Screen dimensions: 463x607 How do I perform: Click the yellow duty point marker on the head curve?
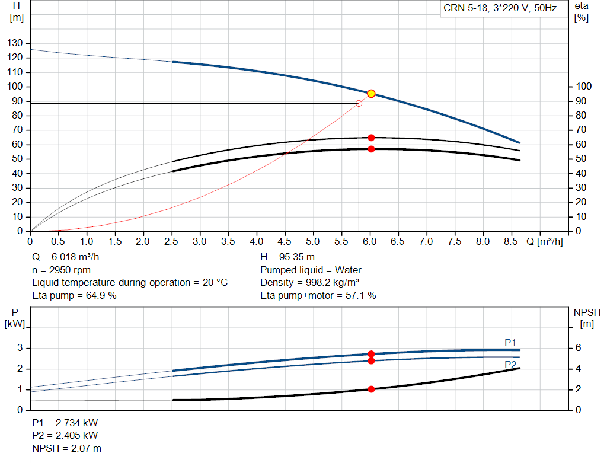(371, 94)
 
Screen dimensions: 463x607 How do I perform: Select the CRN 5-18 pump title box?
(500, 8)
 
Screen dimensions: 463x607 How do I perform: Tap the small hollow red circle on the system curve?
(359, 104)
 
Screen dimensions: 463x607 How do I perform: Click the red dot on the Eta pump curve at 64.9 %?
(371, 138)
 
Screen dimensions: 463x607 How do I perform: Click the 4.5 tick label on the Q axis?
(285, 242)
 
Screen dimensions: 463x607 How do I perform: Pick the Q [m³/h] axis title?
(545, 242)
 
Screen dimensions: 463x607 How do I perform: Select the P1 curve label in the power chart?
(510, 343)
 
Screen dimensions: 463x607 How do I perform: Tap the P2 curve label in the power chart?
(510, 365)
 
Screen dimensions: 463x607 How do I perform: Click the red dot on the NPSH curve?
(371, 389)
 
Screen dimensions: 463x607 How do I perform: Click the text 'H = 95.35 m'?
(287, 257)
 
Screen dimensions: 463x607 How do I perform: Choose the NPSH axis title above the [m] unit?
(587, 312)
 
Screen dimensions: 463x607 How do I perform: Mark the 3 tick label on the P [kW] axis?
(20, 348)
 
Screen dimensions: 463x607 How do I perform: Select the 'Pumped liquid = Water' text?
(311, 270)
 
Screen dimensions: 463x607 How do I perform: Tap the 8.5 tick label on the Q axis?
(511, 242)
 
